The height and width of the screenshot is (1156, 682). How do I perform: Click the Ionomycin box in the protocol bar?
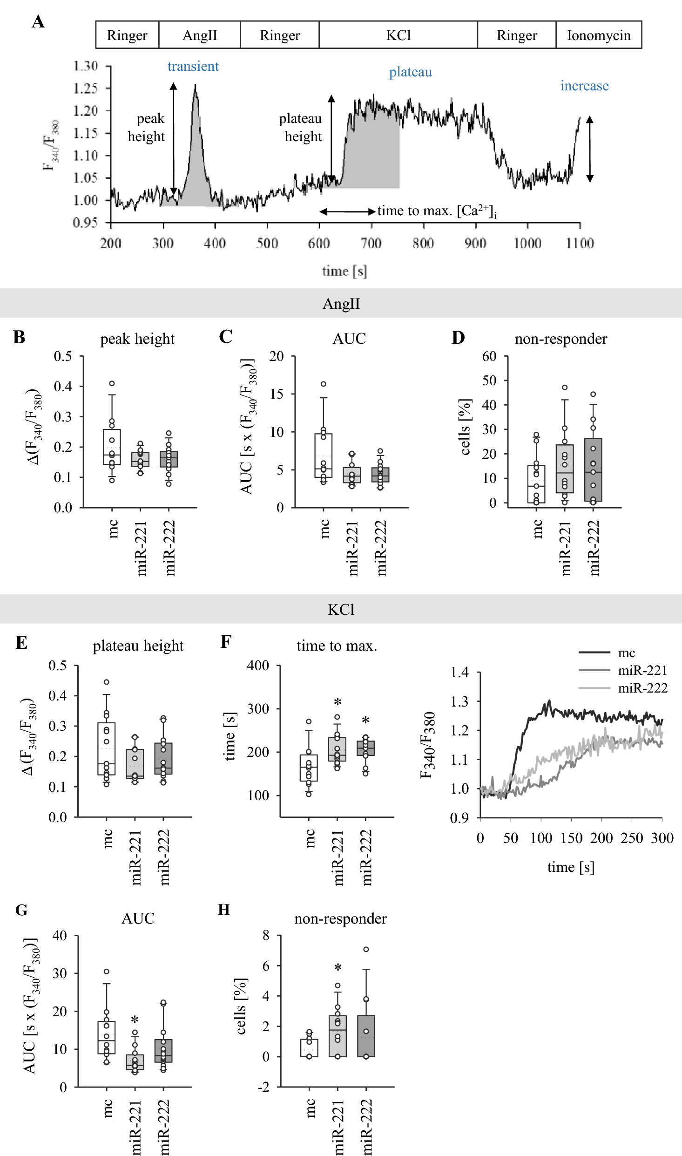click(x=599, y=35)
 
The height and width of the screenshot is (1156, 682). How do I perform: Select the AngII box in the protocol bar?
click(x=199, y=35)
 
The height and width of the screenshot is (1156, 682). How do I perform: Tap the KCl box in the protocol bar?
click(x=398, y=35)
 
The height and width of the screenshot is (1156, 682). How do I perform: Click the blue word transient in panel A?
click(x=193, y=66)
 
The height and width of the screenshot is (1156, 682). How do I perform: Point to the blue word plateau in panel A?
click(x=410, y=72)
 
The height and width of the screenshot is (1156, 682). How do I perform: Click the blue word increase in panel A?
click(x=584, y=86)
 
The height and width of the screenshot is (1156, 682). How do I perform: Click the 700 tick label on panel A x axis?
click(x=371, y=243)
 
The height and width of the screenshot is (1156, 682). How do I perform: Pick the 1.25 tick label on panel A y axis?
click(x=86, y=88)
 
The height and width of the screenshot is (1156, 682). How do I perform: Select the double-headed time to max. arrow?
click(x=347, y=211)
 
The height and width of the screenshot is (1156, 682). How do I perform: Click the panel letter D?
click(x=458, y=337)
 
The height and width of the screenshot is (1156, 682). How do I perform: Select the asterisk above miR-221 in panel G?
click(x=135, y=1020)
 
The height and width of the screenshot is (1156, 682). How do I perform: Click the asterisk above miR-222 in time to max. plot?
click(x=366, y=720)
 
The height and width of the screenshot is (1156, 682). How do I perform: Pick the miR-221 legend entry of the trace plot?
click(x=642, y=670)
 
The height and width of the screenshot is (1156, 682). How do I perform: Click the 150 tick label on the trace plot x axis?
click(x=571, y=838)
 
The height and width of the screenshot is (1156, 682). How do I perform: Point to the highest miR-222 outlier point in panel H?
click(x=366, y=949)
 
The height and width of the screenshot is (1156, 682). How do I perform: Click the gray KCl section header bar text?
click(x=341, y=609)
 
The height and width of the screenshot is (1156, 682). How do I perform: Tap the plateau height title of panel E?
click(x=138, y=646)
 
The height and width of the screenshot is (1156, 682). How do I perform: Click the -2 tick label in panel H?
click(x=264, y=1087)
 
